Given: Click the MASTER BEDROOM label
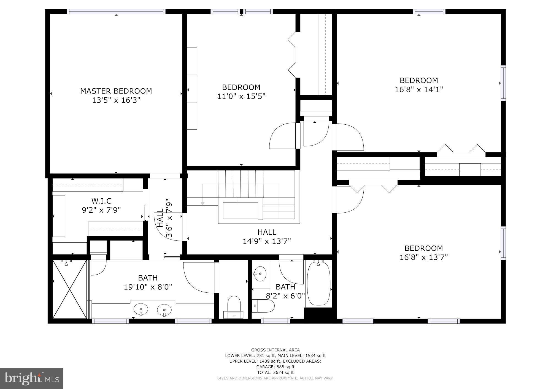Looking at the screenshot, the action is click(x=116, y=91).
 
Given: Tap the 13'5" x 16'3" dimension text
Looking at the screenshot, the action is click(x=116, y=100).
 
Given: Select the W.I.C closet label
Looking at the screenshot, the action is click(x=101, y=201).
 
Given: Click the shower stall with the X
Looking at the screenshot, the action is click(x=69, y=289).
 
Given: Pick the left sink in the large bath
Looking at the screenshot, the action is click(x=141, y=309).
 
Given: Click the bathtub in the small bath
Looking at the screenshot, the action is click(x=319, y=283).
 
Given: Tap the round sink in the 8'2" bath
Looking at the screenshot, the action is click(x=260, y=273).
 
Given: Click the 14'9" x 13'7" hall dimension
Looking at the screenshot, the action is click(x=267, y=241).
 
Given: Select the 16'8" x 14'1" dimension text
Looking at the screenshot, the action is click(x=419, y=89).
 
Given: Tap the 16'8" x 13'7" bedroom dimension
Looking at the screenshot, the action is click(x=424, y=257).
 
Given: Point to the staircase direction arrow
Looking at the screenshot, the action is click(x=202, y=203).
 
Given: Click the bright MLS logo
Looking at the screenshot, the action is click(x=32, y=379).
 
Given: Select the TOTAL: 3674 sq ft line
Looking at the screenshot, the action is click(x=275, y=372).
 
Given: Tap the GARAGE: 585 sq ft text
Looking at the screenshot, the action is click(x=275, y=367).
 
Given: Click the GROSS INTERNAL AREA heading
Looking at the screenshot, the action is click(x=275, y=350).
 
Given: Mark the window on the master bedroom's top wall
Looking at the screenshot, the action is click(x=116, y=12).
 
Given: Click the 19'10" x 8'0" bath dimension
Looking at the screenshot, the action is click(x=148, y=287).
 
